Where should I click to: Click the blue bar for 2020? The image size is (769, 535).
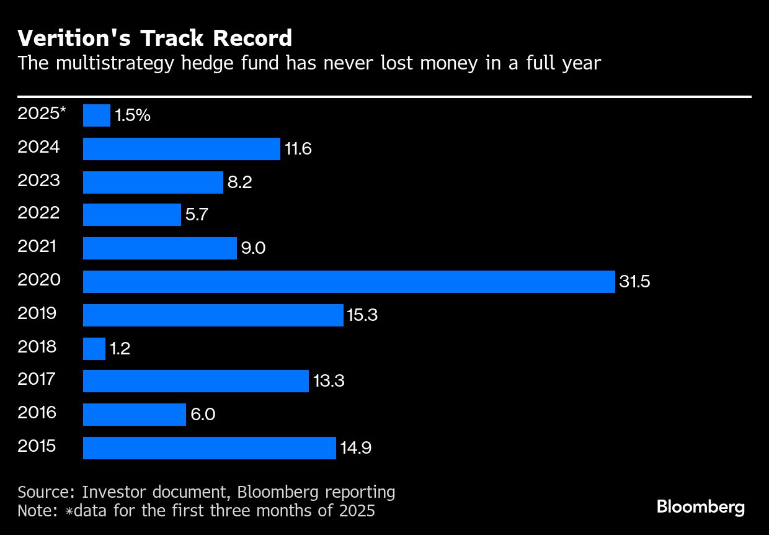pyautogui.click(x=349, y=282)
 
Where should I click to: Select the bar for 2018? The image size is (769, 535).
pyautogui.click(x=94, y=349)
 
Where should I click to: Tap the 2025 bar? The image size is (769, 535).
pyautogui.click(x=97, y=115)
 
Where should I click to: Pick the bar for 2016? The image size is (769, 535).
pyautogui.click(x=135, y=415)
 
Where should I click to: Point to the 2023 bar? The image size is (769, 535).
pyautogui.click(x=153, y=182)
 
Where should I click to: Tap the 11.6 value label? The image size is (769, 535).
pyautogui.click(x=298, y=149)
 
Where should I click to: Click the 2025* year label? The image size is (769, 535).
pyautogui.click(x=42, y=114)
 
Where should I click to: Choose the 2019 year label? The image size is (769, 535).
pyautogui.click(x=37, y=313)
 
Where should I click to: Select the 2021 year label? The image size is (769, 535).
pyautogui.click(x=37, y=246)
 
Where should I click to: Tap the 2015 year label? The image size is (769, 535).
pyautogui.click(x=37, y=446)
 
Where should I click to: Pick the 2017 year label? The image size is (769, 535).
pyautogui.click(x=37, y=379)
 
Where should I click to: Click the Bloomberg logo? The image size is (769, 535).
pyautogui.click(x=700, y=507)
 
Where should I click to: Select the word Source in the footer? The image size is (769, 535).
pyautogui.click(x=44, y=492)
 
